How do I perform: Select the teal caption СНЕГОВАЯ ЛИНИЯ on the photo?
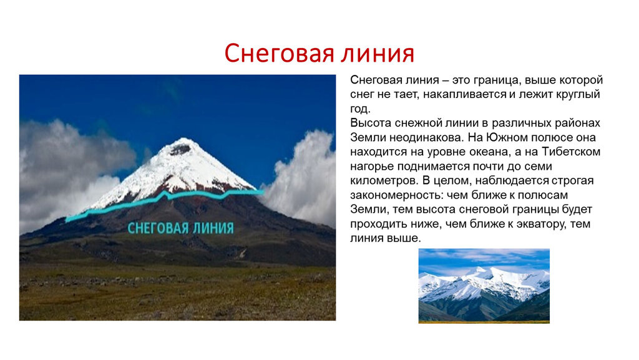tap(181, 228)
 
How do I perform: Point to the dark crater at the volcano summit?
tap(178, 150)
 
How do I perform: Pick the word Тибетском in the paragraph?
tap(571, 152)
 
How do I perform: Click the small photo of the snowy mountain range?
tap(484, 286)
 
